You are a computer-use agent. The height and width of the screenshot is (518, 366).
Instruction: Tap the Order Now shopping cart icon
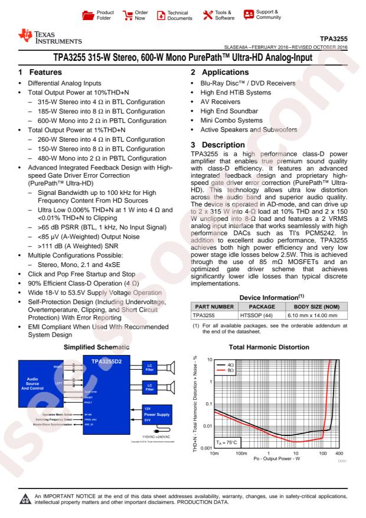128,14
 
